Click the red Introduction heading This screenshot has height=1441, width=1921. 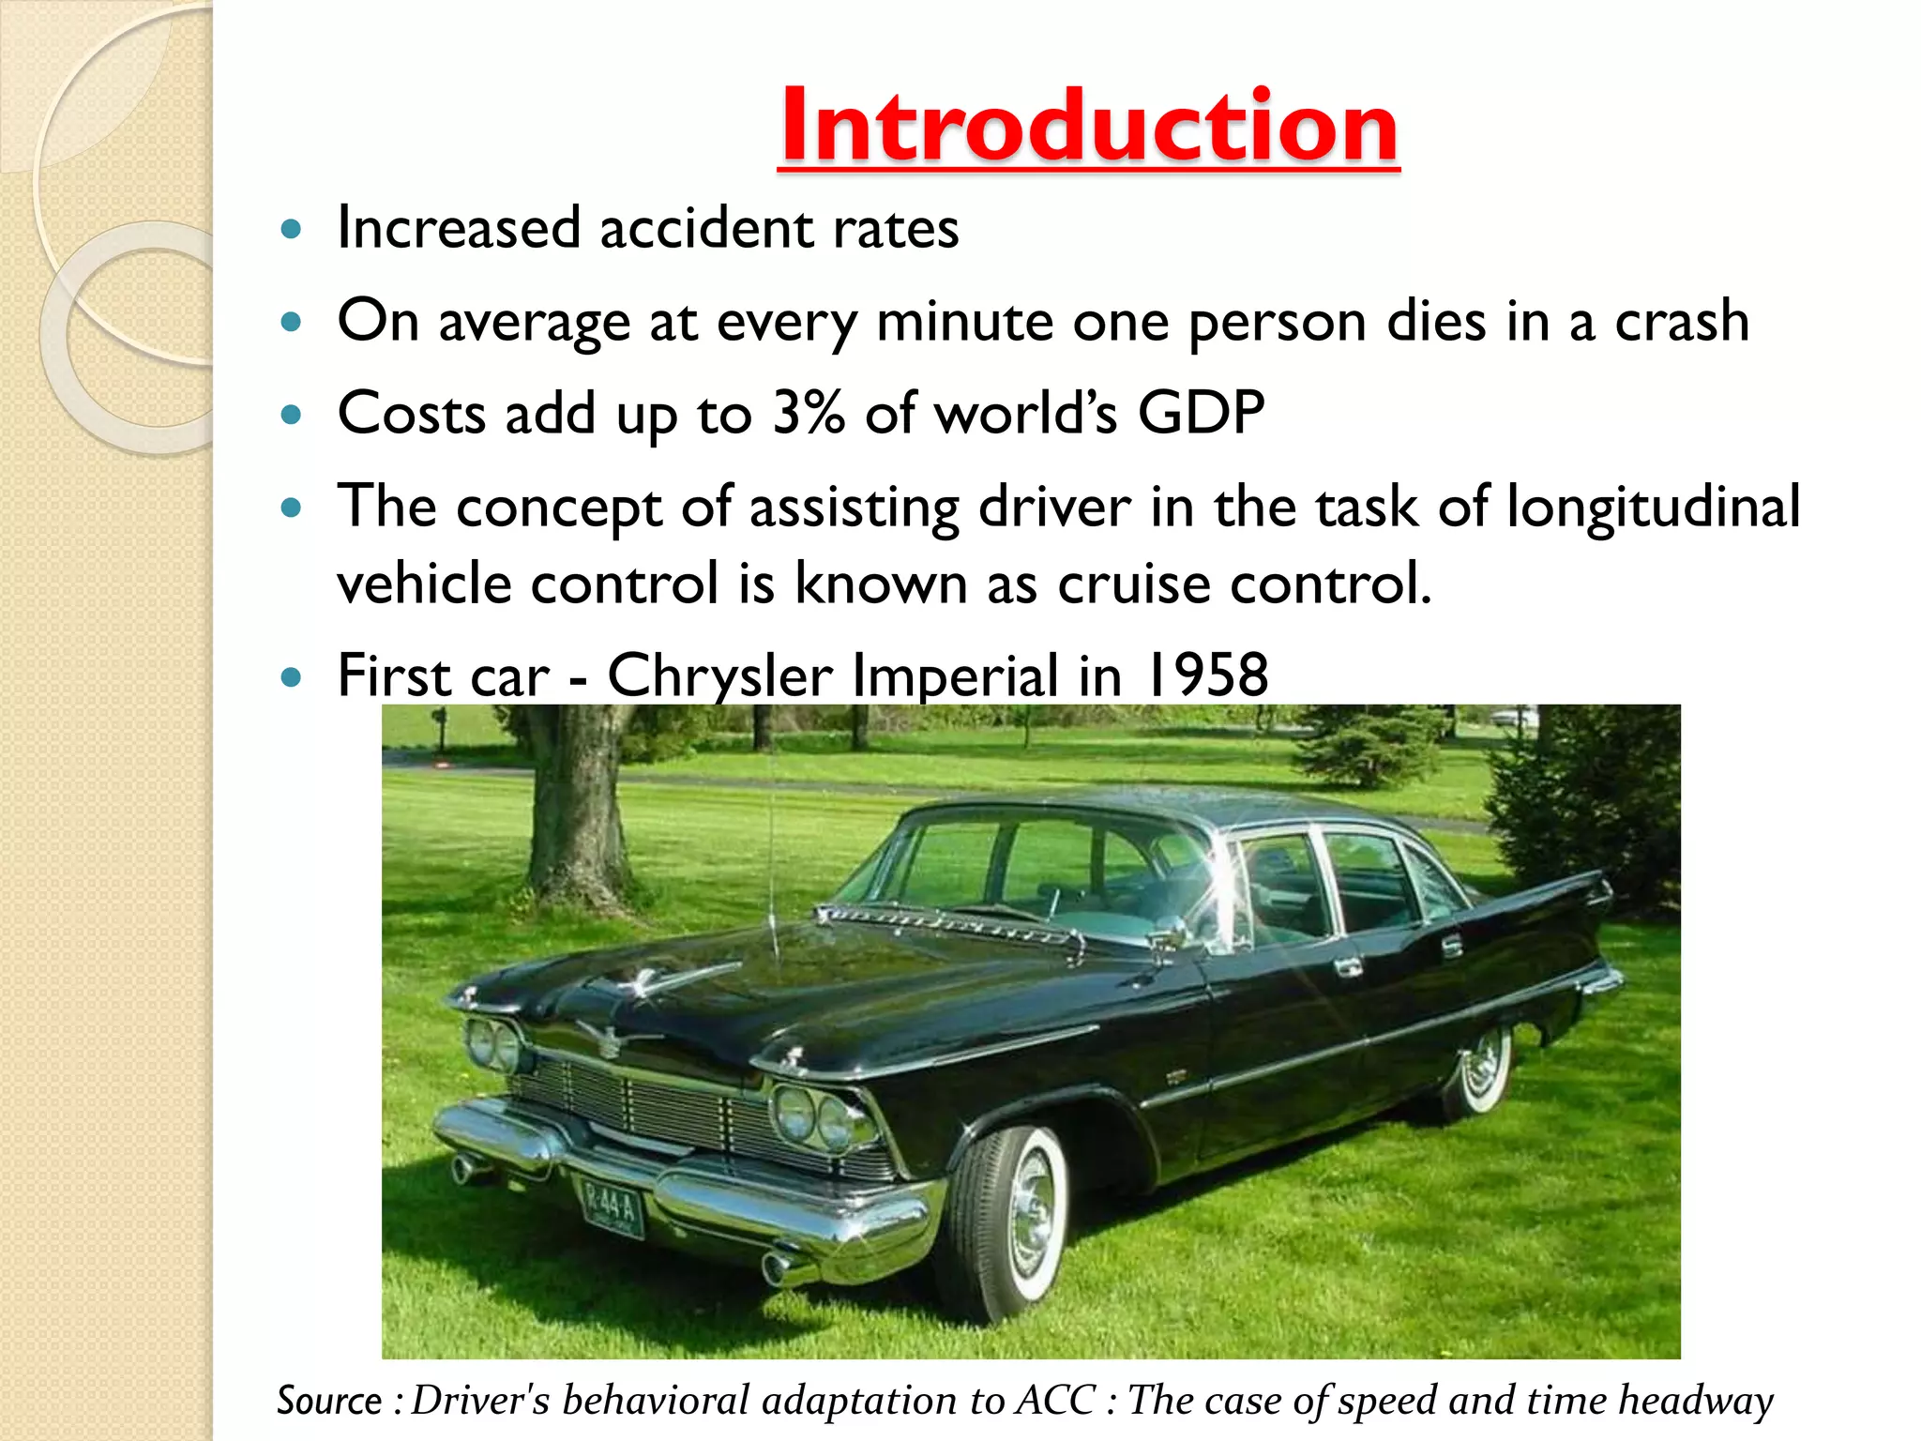[x=1088, y=127]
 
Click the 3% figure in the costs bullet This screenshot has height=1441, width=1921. [x=808, y=413]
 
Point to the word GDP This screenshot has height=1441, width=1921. [x=1201, y=413]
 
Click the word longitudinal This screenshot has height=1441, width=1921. [x=1653, y=508]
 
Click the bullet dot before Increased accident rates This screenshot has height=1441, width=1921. [x=292, y=229]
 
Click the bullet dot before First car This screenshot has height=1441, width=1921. [x=292, y=675]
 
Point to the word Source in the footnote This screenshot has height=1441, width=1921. [x=329, y=1401]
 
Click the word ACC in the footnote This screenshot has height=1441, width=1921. [x=1056, y=1401]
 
